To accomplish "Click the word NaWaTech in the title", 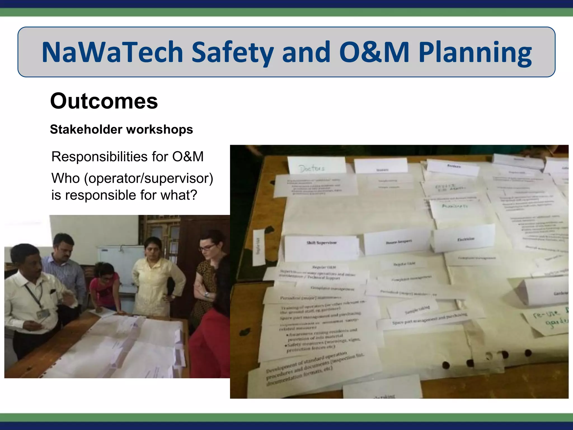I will point(112,52).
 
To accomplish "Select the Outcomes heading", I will point(104,101).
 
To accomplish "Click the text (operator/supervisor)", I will point(149,178).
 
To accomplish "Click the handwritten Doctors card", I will point(312,168).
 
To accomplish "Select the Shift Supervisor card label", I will point(321,243).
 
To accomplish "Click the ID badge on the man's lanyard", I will point(43,314).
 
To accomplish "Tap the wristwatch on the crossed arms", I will point(207,295).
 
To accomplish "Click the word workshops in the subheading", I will point(159,130).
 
